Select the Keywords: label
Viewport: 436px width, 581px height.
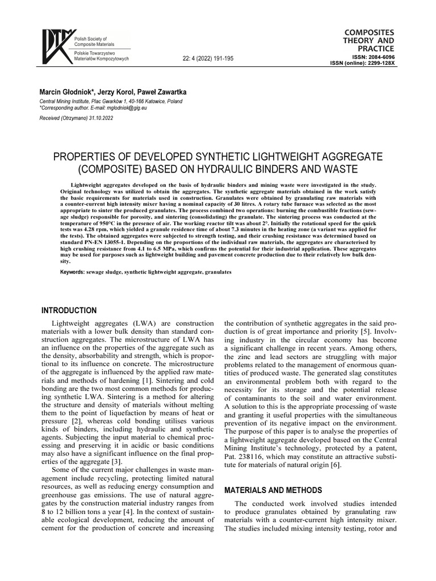pyautogui.click(x=73, y=272)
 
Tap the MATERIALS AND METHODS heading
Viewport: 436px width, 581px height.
pyautogui.click(x=274, y=490)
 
